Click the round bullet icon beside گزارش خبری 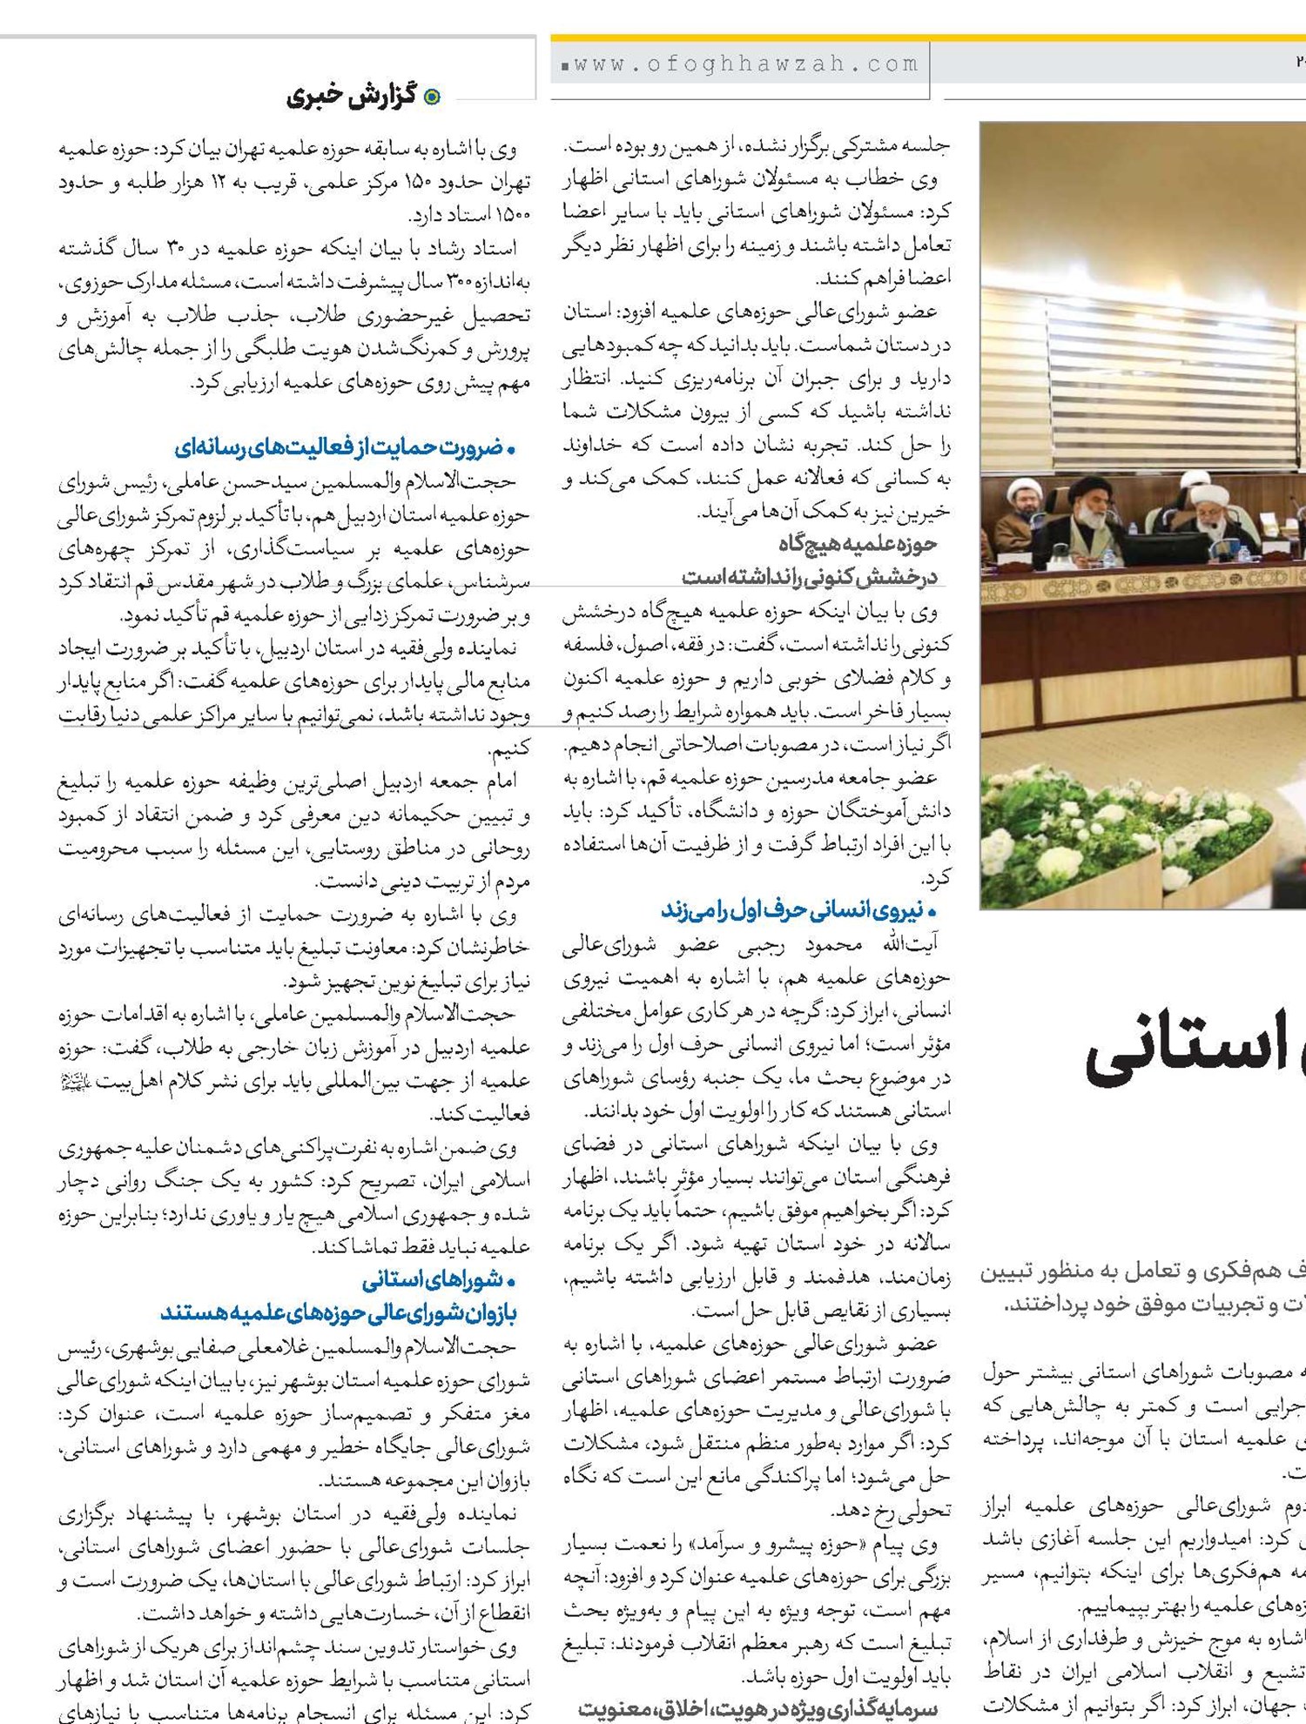pos(431,97)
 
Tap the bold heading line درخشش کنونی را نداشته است pos(810,576)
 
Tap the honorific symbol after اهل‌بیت pos(75,1082)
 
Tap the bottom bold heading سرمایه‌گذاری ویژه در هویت pos(757,1710)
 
